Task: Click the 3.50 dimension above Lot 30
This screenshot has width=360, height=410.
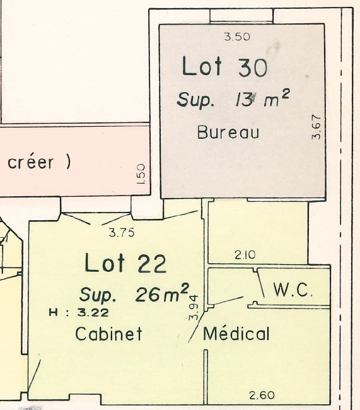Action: [237, 37]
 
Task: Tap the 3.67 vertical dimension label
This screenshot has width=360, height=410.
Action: [316, 127]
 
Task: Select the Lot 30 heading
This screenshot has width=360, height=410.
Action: [224, 67]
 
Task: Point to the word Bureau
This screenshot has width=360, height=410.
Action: [228, 132]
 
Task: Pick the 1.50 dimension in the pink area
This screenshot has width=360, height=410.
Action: [141, 174]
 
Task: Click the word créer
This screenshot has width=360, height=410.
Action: [30, 162]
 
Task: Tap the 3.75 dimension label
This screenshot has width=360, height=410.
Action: [122, 233]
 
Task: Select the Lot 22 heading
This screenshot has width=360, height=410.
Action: [125, 263]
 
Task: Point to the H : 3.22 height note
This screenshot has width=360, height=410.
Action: [79, 313]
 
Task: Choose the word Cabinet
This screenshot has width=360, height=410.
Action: [108, 334]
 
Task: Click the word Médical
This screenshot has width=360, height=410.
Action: [236, 333]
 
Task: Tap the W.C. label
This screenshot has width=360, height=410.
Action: [293, 290]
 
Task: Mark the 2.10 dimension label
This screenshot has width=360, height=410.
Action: [245, 255]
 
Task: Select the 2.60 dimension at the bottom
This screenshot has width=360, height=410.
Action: [262, 395]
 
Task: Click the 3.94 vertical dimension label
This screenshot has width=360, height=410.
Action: [194, 308]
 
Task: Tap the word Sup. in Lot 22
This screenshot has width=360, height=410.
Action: [97, 295]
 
